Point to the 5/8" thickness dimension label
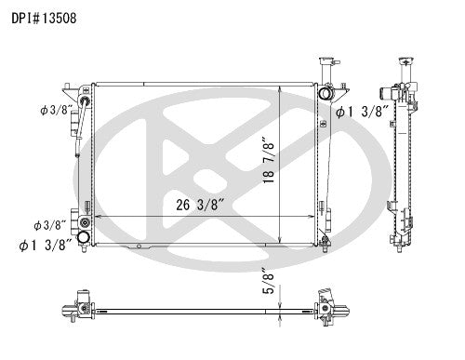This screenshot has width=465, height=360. [x=268, y=280]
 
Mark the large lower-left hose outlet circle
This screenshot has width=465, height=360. [x=85, y=239]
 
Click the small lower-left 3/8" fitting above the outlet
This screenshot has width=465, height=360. [x=86, y=224]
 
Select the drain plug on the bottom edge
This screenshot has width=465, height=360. [x=139, y=247]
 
